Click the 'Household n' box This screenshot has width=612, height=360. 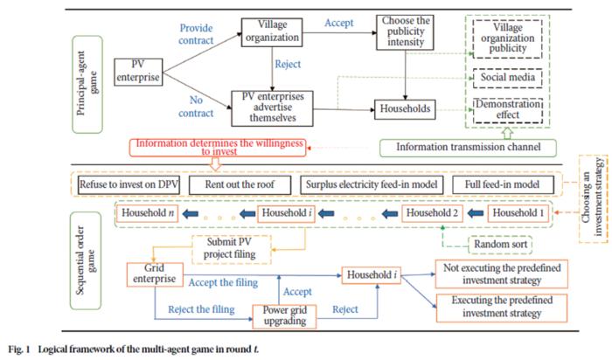[x=148, y=214]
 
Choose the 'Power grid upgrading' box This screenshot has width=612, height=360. [x=283, y=315]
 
